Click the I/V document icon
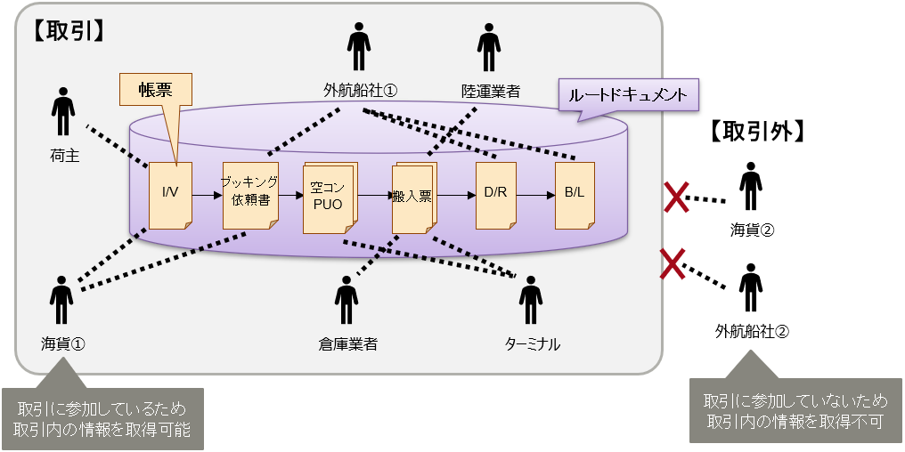(170, 195)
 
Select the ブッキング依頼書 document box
(249, 195)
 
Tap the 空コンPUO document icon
(330, 197)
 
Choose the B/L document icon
(574, 195)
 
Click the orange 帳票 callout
(151, 89)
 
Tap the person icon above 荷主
(63, 111)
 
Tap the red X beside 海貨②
(678, 198)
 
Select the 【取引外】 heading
(757, 133)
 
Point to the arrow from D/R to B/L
(535, 194)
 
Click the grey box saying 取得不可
(795, 410)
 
